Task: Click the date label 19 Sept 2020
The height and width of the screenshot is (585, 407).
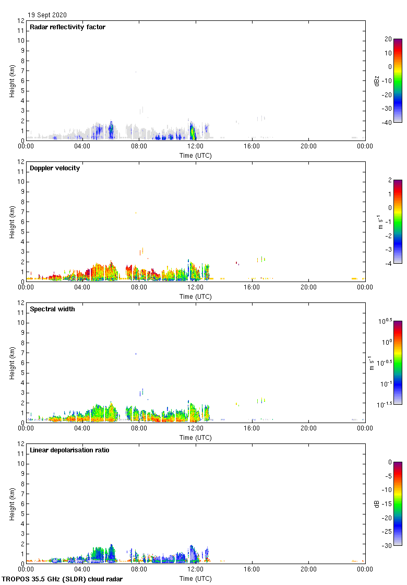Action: tap(47, 15)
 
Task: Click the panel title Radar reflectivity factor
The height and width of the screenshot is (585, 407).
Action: tap(67, 27)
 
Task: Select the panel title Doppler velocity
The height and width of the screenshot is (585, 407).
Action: tap(55, 168)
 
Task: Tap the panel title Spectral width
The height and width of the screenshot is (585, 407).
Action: tap(53, 309)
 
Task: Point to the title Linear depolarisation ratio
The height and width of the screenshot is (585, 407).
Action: tap(69, 450)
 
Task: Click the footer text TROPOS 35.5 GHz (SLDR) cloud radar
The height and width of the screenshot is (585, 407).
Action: tap(63, 579)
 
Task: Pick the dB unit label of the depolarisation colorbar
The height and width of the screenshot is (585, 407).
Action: tap(377, 504)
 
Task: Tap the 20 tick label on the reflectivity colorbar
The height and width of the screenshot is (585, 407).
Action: tap(388, 39)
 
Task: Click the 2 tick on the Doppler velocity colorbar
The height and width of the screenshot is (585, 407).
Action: tap(389, 180)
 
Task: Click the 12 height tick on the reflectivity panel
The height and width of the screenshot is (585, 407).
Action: tap(21, 21)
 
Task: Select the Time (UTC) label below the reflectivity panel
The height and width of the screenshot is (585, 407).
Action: tap(196, 156)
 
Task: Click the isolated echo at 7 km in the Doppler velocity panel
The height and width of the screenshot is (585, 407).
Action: tap(136, 213)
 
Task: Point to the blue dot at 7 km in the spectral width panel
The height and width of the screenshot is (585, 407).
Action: tap(136, 354)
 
